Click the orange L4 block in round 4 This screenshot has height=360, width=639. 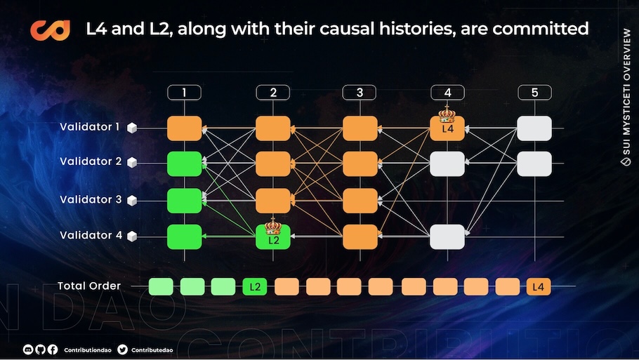(x=447, y=128)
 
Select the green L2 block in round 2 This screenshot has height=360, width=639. (x=273, y=237)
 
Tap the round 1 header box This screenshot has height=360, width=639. (x=184, y=93)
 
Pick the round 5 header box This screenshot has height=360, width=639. (x=534, y=93)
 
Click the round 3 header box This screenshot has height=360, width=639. (x=360, y=93)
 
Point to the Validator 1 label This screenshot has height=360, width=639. (x=90, y=127)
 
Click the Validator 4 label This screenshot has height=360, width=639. (x=91, y=235)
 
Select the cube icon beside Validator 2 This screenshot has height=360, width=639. (x=132, y=163)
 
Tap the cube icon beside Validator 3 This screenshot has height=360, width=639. (x=132, y=201)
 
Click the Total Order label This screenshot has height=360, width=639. (x=89, y=286)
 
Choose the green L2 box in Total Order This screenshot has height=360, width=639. (x=255, y=287)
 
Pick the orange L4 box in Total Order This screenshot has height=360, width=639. (x=539, y=287)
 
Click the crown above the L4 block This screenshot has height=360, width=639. (x=447, y=114)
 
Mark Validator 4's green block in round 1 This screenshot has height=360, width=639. (x=184, y=237)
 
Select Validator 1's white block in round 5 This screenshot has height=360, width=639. (x=534, y=128)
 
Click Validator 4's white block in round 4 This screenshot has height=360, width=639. (x=447, y=237)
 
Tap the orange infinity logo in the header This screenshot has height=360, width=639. (x=50, y=30)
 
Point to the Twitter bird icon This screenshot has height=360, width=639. (x=122, y=349)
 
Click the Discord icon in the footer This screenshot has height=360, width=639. (x=27, y=349)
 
